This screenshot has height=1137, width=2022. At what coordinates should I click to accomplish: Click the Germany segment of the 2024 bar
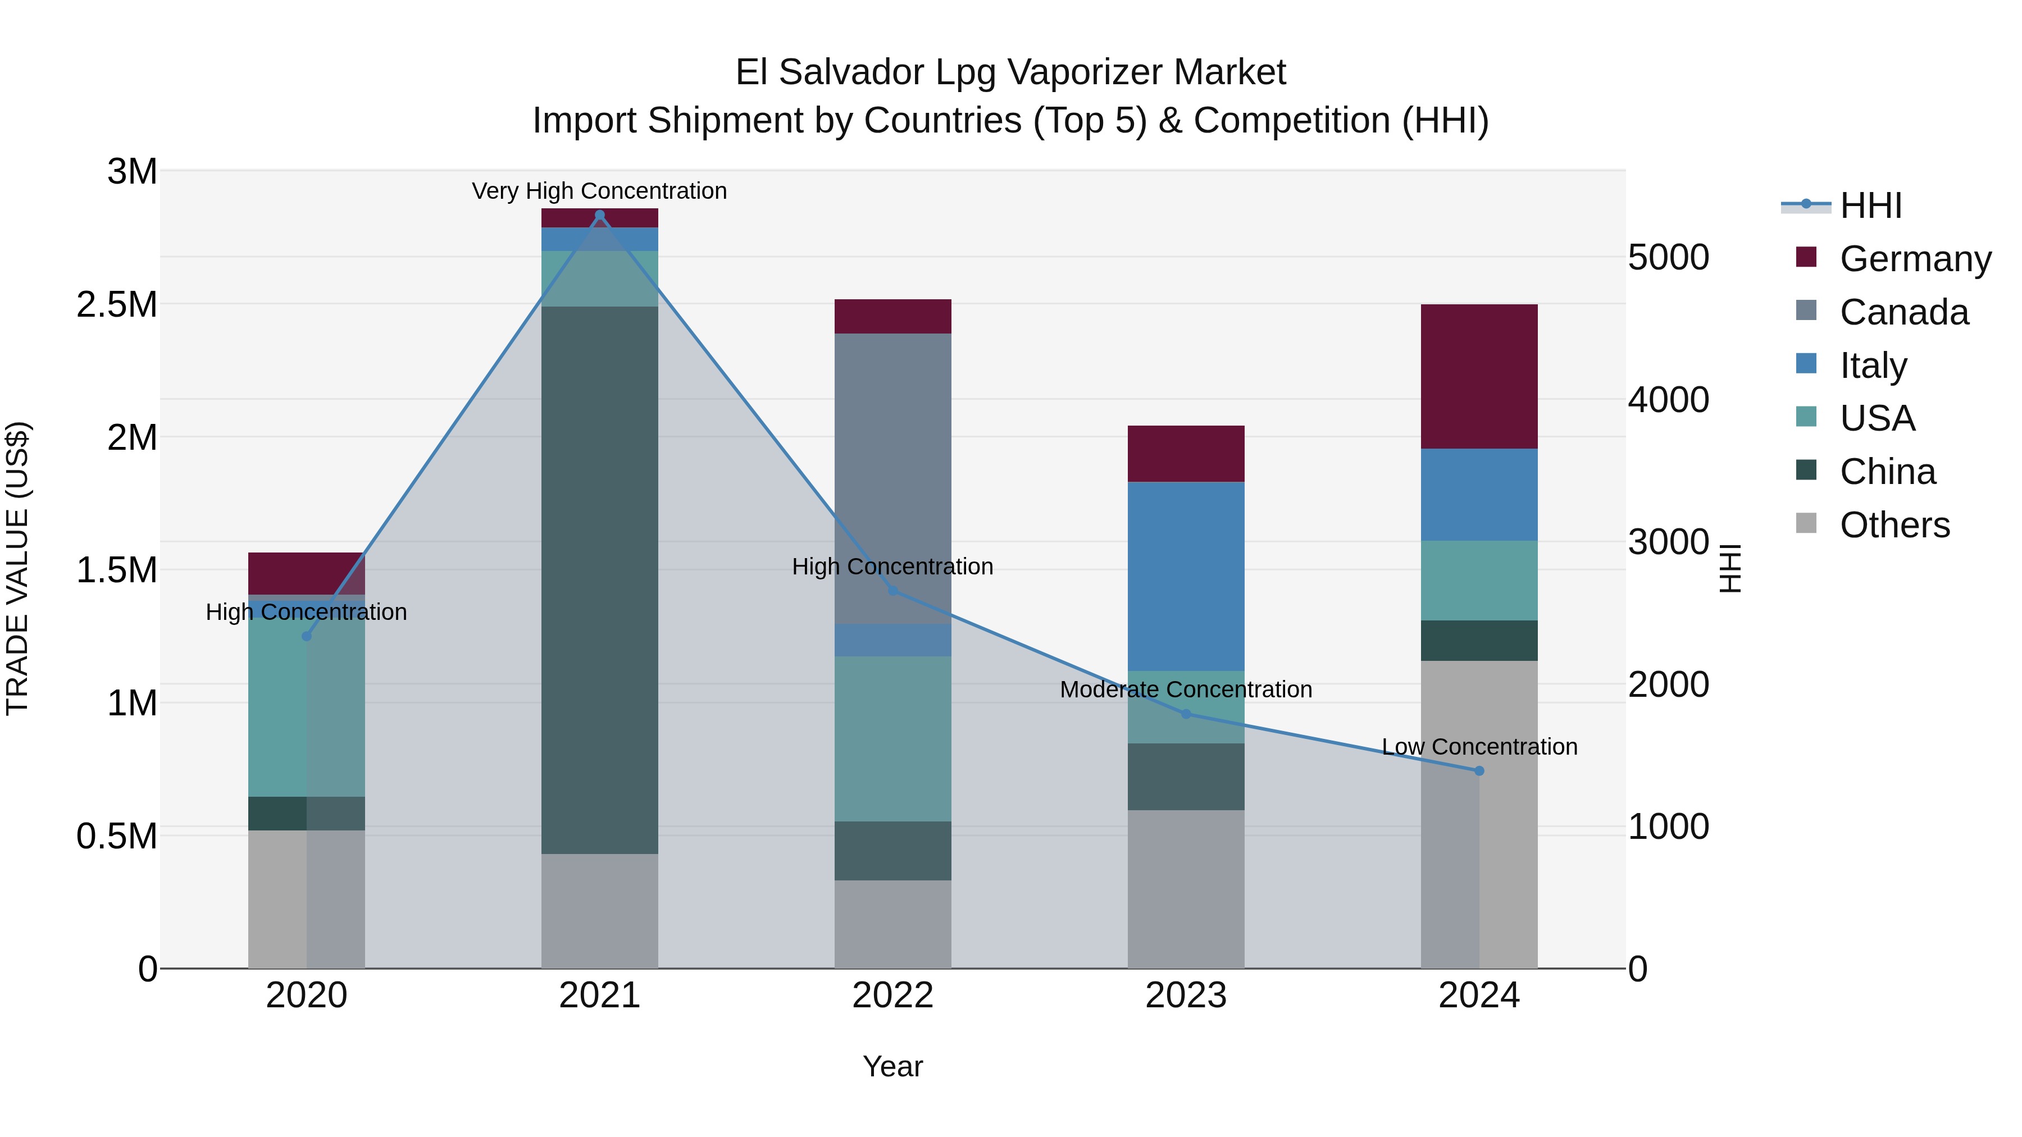(x=1479, y=377)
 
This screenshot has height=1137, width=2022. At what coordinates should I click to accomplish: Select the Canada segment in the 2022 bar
(x=892, y=478)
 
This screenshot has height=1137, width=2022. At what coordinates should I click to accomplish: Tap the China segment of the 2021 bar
(x=600, y=580)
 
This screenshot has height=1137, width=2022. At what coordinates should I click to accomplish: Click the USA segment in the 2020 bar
(x=306, y=707)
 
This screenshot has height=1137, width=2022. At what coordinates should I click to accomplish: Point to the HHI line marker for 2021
(x=600, y=215)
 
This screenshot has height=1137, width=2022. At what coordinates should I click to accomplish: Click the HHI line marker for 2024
(x=1479, y=770)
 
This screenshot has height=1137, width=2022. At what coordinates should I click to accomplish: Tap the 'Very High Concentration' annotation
(x=600, y=191)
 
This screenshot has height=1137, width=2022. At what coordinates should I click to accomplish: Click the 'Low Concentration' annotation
(x=1479, y=746)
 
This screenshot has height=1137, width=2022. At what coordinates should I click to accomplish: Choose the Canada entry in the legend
(x=1903, y=312)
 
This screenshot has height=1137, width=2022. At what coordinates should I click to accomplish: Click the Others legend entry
(x=1894, y=525)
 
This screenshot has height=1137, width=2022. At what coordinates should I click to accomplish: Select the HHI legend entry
(x=1870, y=206)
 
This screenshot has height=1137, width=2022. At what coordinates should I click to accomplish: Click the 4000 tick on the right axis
(x=1668, y=399)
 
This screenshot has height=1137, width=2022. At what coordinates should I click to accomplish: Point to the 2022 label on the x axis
(x=892, y=995)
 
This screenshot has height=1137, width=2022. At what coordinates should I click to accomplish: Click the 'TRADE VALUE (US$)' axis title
(x=17, y=568)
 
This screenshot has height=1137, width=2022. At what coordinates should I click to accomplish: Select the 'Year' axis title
(x=892, y=1066)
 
